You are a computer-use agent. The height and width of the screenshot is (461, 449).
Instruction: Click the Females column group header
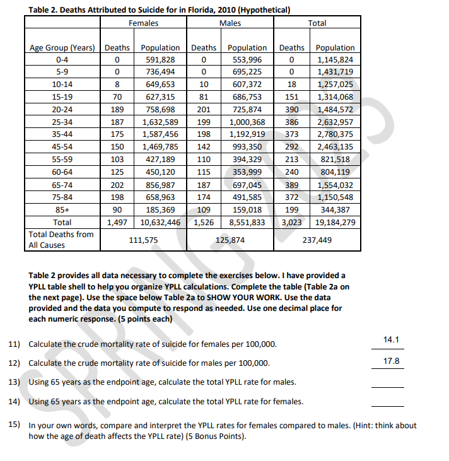143,23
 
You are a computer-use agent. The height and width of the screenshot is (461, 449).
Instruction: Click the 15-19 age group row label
62,97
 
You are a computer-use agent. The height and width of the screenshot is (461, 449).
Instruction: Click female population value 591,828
160,60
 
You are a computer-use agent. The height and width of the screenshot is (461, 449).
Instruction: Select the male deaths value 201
203,110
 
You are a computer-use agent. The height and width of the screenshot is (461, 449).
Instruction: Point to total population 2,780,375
335,134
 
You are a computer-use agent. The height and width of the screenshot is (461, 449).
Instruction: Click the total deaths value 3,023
291,223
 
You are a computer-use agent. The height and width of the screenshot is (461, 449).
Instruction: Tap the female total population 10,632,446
160,223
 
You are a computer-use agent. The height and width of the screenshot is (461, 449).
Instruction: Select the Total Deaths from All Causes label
61,240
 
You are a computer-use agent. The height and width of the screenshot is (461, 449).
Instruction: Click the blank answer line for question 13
387,387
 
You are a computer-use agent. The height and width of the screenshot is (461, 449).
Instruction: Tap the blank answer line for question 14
387,406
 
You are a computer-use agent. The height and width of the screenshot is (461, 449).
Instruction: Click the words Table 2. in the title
45,9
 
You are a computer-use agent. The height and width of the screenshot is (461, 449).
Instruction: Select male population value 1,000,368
247,122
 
